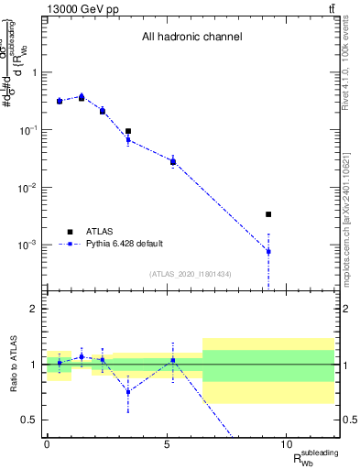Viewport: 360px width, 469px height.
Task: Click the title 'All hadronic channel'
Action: point(191,38)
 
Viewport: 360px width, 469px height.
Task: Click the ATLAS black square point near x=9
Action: point(268,214)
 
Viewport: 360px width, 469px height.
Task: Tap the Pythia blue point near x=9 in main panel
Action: point(268,251)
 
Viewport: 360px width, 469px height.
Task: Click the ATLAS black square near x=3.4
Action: point(128,132)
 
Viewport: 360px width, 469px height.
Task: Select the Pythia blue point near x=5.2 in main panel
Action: point(172,161)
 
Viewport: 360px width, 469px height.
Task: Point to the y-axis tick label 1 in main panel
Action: point(35,72)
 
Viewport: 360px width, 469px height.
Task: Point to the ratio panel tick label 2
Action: point(35,309)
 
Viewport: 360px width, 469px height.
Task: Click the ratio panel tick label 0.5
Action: point(31,420)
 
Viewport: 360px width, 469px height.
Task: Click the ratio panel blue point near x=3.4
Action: point(128,391)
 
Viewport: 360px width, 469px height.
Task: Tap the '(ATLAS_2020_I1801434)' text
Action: point(191,274)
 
